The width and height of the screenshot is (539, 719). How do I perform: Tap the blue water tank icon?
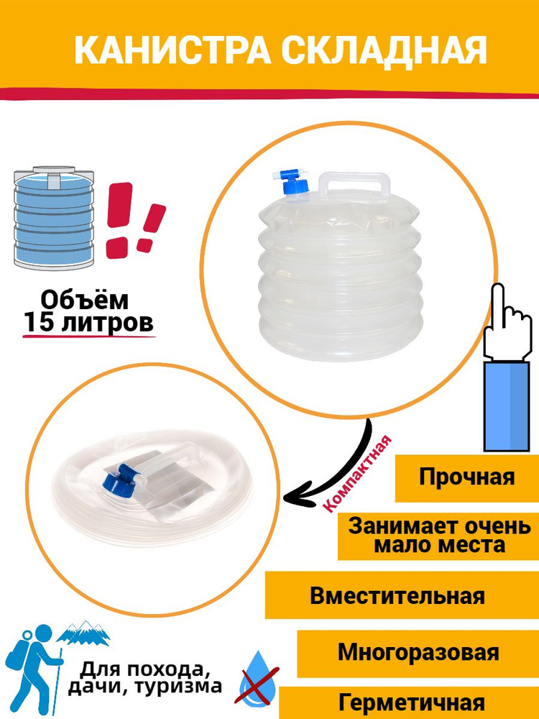pos(54,218)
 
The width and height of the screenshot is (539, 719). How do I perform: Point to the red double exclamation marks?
pos(135,221)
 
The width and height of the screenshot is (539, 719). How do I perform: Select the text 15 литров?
pos(88,323)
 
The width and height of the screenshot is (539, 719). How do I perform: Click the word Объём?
pos(85,301)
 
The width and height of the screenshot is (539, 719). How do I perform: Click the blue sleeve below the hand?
pos(507,406)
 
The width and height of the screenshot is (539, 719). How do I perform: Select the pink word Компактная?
pos(359,474)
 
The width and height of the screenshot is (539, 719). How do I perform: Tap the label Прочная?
pos(466,477)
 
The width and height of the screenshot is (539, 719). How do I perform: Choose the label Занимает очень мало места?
pos(438,536)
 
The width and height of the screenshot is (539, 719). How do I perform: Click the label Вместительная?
pos(397,596)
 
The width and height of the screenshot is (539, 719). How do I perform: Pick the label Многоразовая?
pos(418,653)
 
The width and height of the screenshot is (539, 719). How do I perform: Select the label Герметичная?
pos(411,702)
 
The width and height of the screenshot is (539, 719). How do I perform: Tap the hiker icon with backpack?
pos(33,667)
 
